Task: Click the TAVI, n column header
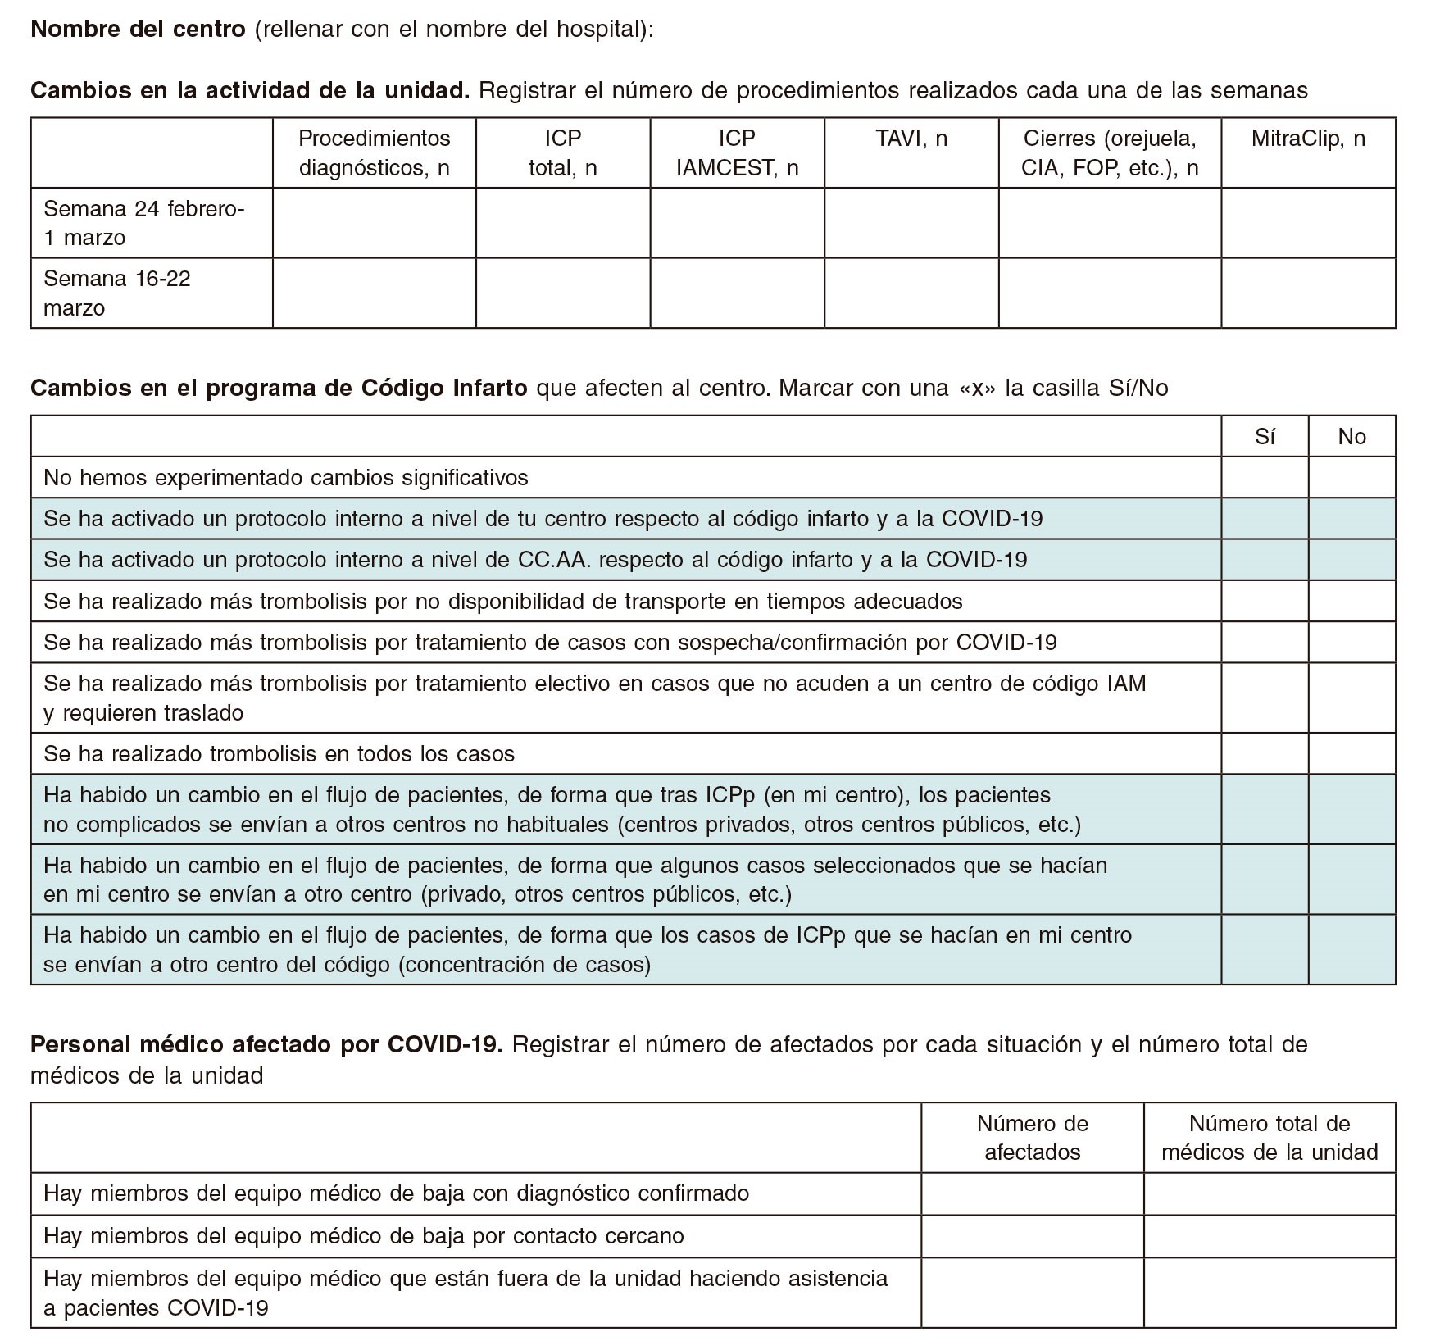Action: click(911, 139)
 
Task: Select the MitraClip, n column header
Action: click(1308, 139)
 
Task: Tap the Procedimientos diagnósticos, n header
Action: click(375, 153)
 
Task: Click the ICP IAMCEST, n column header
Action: click(737, 153)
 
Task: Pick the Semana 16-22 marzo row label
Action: click(117, 293)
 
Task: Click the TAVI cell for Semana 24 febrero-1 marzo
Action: click(911, 223)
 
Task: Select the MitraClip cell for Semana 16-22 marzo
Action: click(1308, 293)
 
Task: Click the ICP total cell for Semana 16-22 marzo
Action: click(563, 293)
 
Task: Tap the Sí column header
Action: click(1265, 437)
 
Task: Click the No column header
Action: click(1351, 437)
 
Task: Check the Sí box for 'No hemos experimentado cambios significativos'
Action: click(1265, 478)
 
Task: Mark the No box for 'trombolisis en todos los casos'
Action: click(1351, 754)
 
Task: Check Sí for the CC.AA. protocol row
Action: click(1265, 560)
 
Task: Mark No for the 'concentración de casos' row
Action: click(1351, 949)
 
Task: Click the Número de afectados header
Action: click(1032, 1138)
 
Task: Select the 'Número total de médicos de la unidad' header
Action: click(1270, 1138)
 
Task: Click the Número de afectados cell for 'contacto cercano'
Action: click(1032, 1236)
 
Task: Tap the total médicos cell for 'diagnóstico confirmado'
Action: click(1270, 1193)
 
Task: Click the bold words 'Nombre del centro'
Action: click(138, 30)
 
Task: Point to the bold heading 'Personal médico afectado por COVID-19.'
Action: click(266, 1045)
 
